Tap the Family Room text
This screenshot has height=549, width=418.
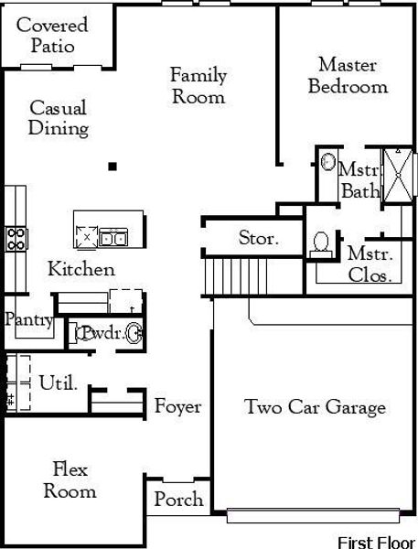[198, 85]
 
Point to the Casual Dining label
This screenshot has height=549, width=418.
[59, 118]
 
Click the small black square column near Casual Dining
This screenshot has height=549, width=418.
[112, 166]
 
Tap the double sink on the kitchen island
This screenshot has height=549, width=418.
[113, 238]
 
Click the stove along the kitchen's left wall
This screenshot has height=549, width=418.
[16, 238]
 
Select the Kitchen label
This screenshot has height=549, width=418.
[81, 269]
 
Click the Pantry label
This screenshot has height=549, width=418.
[28, 319]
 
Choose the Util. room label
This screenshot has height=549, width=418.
[58, 382]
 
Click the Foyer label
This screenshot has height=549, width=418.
[177, 406]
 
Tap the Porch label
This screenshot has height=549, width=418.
[178, 500]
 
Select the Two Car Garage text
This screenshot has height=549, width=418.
[315, 407]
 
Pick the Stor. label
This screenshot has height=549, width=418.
[258, 239]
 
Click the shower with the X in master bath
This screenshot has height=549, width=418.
[398, 174]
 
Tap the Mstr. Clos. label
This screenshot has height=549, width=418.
[370, 264]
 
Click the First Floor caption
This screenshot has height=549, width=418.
[375, 542]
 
